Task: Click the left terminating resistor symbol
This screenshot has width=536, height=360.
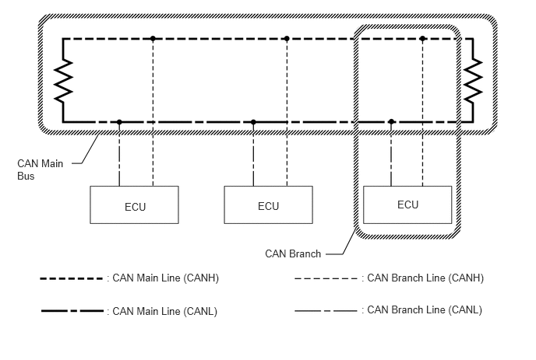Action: (x=63, y=81)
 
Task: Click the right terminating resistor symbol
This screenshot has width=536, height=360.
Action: (x=473, y=81)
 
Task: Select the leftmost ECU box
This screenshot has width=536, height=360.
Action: (x=134, y=204)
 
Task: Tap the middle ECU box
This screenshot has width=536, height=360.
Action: (x=268, y=204)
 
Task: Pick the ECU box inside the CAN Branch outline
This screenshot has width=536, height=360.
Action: (x=407, y=204)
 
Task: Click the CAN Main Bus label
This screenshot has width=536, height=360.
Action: (x=40, y=170)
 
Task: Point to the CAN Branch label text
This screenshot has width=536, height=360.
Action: (x=293, y=254)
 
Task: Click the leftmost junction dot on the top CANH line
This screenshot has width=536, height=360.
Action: (x=153, y=39)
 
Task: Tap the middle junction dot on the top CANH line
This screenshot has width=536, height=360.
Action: (x=287, y=39)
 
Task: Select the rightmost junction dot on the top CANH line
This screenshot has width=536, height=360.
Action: (x=422, y=39)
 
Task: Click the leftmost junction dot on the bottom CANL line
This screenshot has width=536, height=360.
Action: (x=119, y=122)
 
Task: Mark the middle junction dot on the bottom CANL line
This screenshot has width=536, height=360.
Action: (x=253, y=122)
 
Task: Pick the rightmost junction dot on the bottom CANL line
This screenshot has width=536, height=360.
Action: (x=391, y=122)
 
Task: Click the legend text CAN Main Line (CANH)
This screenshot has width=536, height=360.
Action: (x=165, y=278)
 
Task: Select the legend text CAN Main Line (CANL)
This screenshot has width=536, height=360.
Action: (x=164, y=311)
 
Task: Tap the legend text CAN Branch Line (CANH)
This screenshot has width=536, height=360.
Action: (x=425, y=278)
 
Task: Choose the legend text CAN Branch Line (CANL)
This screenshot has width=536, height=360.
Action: (x=425, y=309)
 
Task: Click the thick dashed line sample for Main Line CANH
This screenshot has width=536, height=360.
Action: (x=71, y=279)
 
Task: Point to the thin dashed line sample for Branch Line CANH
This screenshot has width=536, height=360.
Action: (x=326, y=279)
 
